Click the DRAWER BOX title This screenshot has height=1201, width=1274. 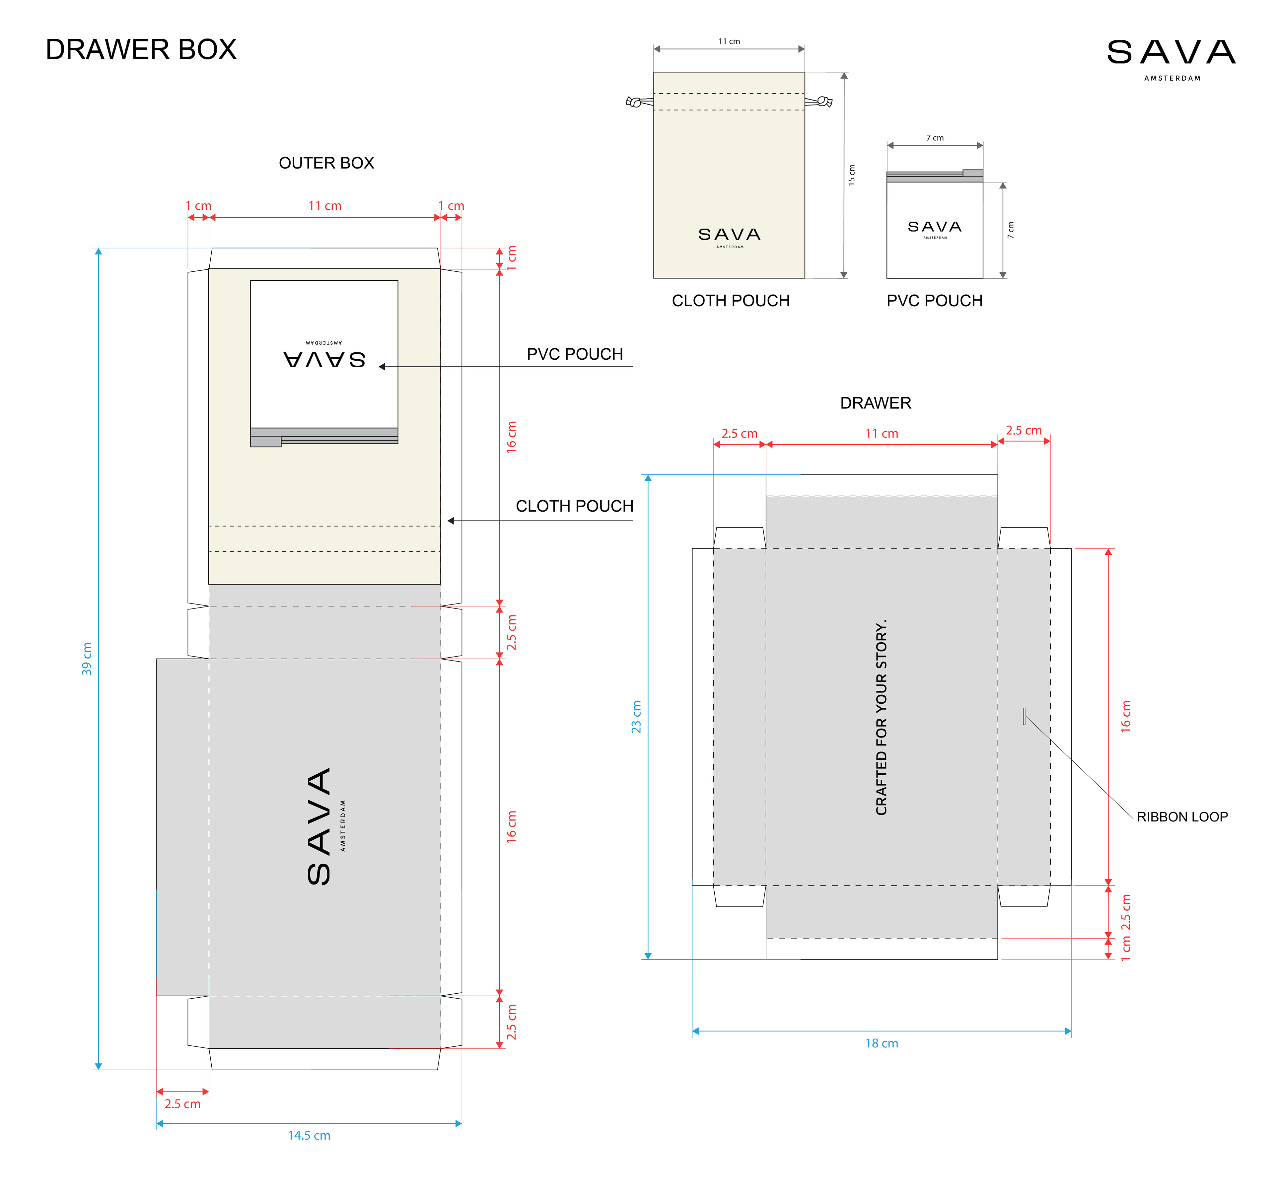141,49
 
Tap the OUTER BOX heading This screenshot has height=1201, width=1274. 326,163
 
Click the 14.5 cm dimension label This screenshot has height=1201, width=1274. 309,1135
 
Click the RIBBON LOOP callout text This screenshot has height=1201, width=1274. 1182,816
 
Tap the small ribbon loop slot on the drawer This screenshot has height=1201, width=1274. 1024,716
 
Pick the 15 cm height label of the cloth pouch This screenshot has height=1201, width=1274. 852,174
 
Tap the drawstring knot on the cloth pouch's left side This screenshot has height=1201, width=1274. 634,101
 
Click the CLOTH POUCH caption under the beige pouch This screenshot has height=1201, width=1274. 731,301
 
